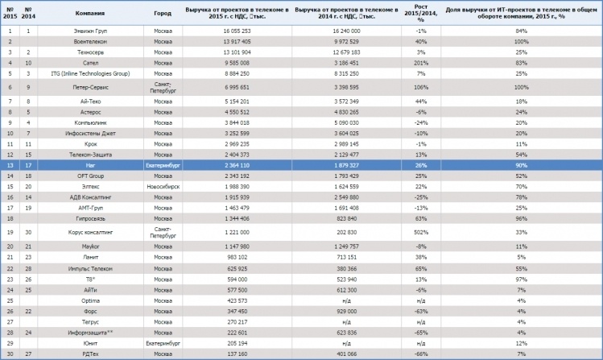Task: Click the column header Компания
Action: (89, 14)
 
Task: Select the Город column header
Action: (163, 14)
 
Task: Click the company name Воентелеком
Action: (89, 40)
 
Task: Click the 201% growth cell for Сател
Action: (421, 60)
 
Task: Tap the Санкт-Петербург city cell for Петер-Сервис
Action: (163, 86)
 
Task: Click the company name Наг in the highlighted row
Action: (89, 163)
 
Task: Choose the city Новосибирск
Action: (163, 185)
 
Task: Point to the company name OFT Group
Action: (89, 175)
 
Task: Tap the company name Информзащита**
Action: (89, 332)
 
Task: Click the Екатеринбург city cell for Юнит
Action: (163, 342)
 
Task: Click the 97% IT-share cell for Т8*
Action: (521, 279)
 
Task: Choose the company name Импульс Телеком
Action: (89, 269)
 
